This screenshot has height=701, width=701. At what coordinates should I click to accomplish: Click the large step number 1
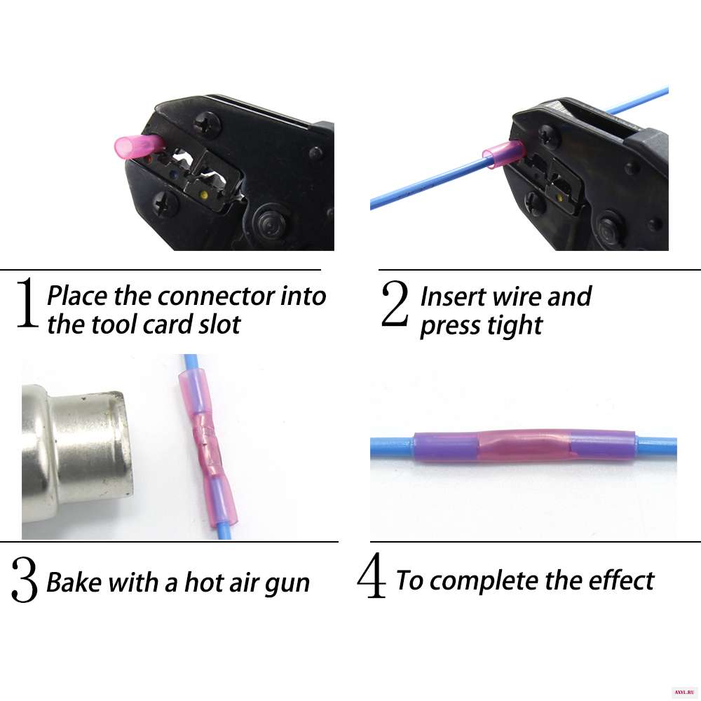pyautogui.click(x=27, y=302)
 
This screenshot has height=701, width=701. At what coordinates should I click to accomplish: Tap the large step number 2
pyautogui.click(x=395, y=303)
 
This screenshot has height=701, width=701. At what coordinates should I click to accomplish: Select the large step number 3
pyautogui.click(x=24, y=580)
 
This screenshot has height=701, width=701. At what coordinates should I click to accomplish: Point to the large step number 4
pyautogui.click(x=371, y=575)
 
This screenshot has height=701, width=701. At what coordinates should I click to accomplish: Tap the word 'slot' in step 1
pyautogui.click(x=219, y=324)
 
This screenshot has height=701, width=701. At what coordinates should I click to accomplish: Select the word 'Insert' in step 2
pyautogui.click(x=453, y=296)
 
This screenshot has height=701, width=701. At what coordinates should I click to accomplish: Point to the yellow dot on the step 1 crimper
pyautogui.click(x=204, y=195)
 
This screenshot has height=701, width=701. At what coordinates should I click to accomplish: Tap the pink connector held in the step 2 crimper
pyautogui.click(x=503, y=155)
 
